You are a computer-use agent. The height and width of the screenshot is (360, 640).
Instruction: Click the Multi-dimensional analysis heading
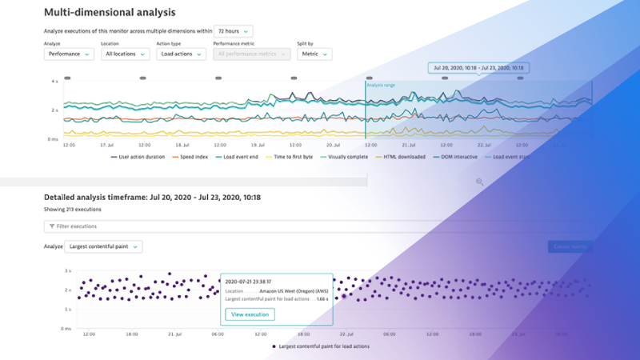click(x=110, y=13)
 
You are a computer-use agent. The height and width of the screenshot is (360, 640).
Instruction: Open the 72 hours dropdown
click(x=234, y=30)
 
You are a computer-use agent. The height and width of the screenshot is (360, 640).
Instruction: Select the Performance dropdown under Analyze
click(x=67, y=54)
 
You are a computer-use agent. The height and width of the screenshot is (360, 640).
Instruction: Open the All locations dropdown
click(x=126, y=54)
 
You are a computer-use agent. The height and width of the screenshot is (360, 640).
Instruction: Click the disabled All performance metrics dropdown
click(x=251, y=54)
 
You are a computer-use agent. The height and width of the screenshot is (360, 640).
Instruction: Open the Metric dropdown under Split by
click(x=314, y=54)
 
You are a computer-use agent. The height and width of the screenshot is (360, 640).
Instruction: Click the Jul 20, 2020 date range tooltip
click(x=478, y=68)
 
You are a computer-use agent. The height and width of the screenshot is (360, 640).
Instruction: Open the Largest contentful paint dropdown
click(x=103, y=247)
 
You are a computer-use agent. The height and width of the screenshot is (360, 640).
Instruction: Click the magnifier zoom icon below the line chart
click(x=480, y=182)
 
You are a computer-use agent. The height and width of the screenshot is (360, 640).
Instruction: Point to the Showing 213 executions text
click(x=70, y=209)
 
